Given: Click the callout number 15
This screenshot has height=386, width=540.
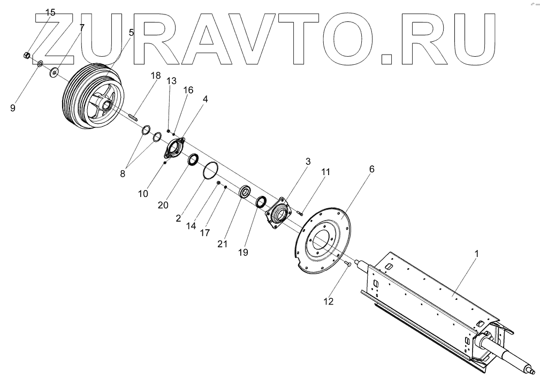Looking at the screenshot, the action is point(50,12).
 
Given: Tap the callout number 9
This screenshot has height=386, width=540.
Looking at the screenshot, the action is point(13,108).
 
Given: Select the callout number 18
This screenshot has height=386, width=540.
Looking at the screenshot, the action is point(155,75).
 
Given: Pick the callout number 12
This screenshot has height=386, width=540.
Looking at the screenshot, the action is point(329,301).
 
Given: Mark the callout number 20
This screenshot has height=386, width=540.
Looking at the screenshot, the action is point(163,205).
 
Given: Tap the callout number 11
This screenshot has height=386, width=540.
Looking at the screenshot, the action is point(326,172).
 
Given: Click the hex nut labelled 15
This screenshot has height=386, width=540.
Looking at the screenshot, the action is point(26,55).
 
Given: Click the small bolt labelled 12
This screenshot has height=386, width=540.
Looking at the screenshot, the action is point(348,263).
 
